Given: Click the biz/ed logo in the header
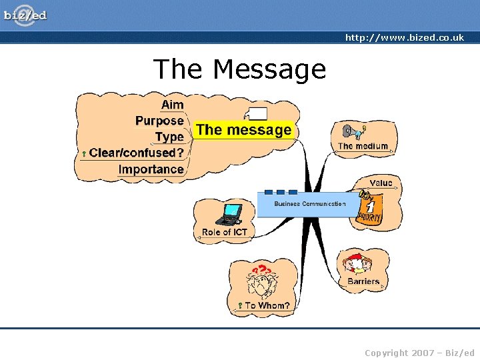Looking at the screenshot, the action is pyautogui.click(x=25, y=14).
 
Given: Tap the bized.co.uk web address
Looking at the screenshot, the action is pyautogui.click(x=404, y=38).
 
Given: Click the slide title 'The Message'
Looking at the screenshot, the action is pyautogui.click(x=239, y=69).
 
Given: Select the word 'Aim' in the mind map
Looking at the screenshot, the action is pyautogui.click(x=172, y=105).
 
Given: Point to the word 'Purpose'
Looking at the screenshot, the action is pyautogui.click(x=159, y=121).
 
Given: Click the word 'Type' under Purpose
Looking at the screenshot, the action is pyautogui.click(x=169, y=137).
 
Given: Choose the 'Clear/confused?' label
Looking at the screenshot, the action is pyautogui.click(x=137, y=153).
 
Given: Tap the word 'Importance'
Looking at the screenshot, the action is pyautogui.click(x=151, y=169).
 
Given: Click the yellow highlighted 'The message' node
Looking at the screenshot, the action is pyautogui.click(x=244, y=130).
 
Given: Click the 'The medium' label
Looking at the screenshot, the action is pyautogui.click(x=363, y=146).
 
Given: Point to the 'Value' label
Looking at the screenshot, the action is pyautogui.click(x=381, y=183).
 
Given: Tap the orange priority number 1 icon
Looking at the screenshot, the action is pyautogui.click(x=370, y=208).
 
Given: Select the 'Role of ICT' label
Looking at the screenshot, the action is pyautogui.click(x=224, y=232).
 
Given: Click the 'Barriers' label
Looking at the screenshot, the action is pyautogui.click(x=363, y=281).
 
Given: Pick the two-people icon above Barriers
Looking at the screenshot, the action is pyautogui.click(x=359, y=263).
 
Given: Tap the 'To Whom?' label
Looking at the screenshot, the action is pyautogui.click(x=267, y=305).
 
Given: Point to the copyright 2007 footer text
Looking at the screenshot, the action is pyautogui.click(x=419, y=353).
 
